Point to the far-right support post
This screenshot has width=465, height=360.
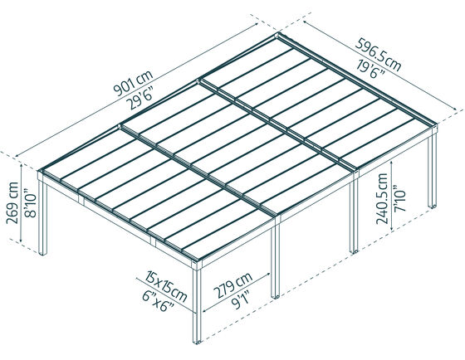pyautogui.click(x=434, y=178)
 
